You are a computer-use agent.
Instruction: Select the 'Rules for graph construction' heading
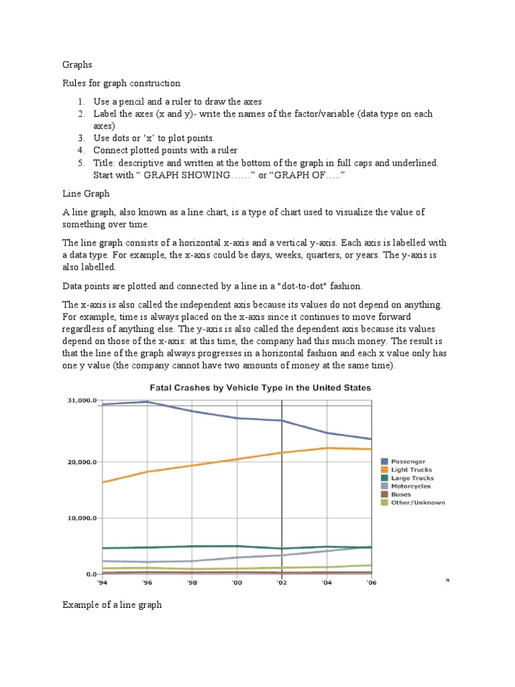point(121,83)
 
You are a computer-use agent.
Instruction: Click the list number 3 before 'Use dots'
point(79,138)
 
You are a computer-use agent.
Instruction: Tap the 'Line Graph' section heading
point(86,193)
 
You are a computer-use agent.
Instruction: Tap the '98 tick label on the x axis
point(192,584)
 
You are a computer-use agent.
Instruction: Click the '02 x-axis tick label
point(282,584)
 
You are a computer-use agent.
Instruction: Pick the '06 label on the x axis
point(371,584)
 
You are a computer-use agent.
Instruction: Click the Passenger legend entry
point(408,462)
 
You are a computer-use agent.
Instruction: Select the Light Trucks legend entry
point(411,470)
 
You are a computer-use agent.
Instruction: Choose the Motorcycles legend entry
point(411,486)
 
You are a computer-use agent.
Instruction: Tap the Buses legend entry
point(401,494)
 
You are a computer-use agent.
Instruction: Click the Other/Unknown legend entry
point(417,503)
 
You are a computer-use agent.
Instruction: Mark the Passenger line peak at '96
point(147,402)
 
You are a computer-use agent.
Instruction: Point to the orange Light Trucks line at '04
point(327,448)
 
